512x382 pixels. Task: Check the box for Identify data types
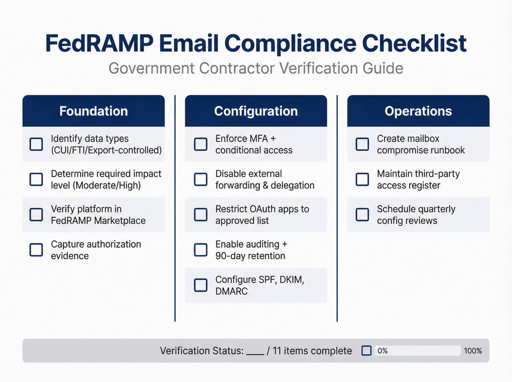coord(36,144)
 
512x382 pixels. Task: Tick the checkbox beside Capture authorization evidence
coord(36,250)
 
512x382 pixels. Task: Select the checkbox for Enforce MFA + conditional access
coord(201,144)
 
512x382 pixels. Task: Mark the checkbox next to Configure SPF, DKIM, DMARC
coord(201,285)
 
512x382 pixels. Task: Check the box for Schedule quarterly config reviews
coord(362,215)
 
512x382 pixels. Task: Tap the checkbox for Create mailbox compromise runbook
coord(362,144)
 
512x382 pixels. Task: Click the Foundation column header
coord(93,111)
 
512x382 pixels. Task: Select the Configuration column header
coord(256,111)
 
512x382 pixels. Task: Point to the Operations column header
coord(418,111)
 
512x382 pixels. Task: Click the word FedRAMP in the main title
coord(99,43)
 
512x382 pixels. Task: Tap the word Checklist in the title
coord(414,43)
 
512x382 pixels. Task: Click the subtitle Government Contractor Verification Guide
coord(256,68)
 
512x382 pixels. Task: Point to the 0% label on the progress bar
coord(382,351)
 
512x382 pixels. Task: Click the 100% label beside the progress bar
coord(473,351)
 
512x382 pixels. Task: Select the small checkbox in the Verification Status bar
coord(366,351)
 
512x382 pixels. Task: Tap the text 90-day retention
coord(250,256)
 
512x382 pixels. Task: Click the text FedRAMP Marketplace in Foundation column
coord(98,221)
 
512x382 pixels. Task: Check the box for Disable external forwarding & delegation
coord(201,179)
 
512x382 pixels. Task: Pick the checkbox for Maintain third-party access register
coord(362,179)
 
